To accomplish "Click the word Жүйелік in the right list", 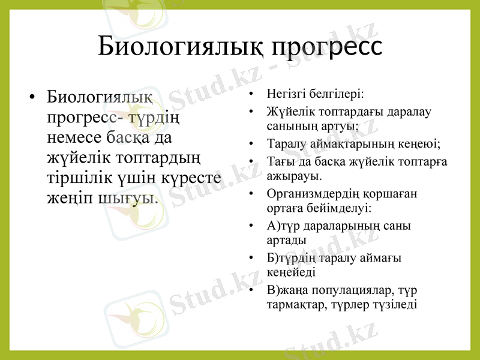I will click(288, 112).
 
